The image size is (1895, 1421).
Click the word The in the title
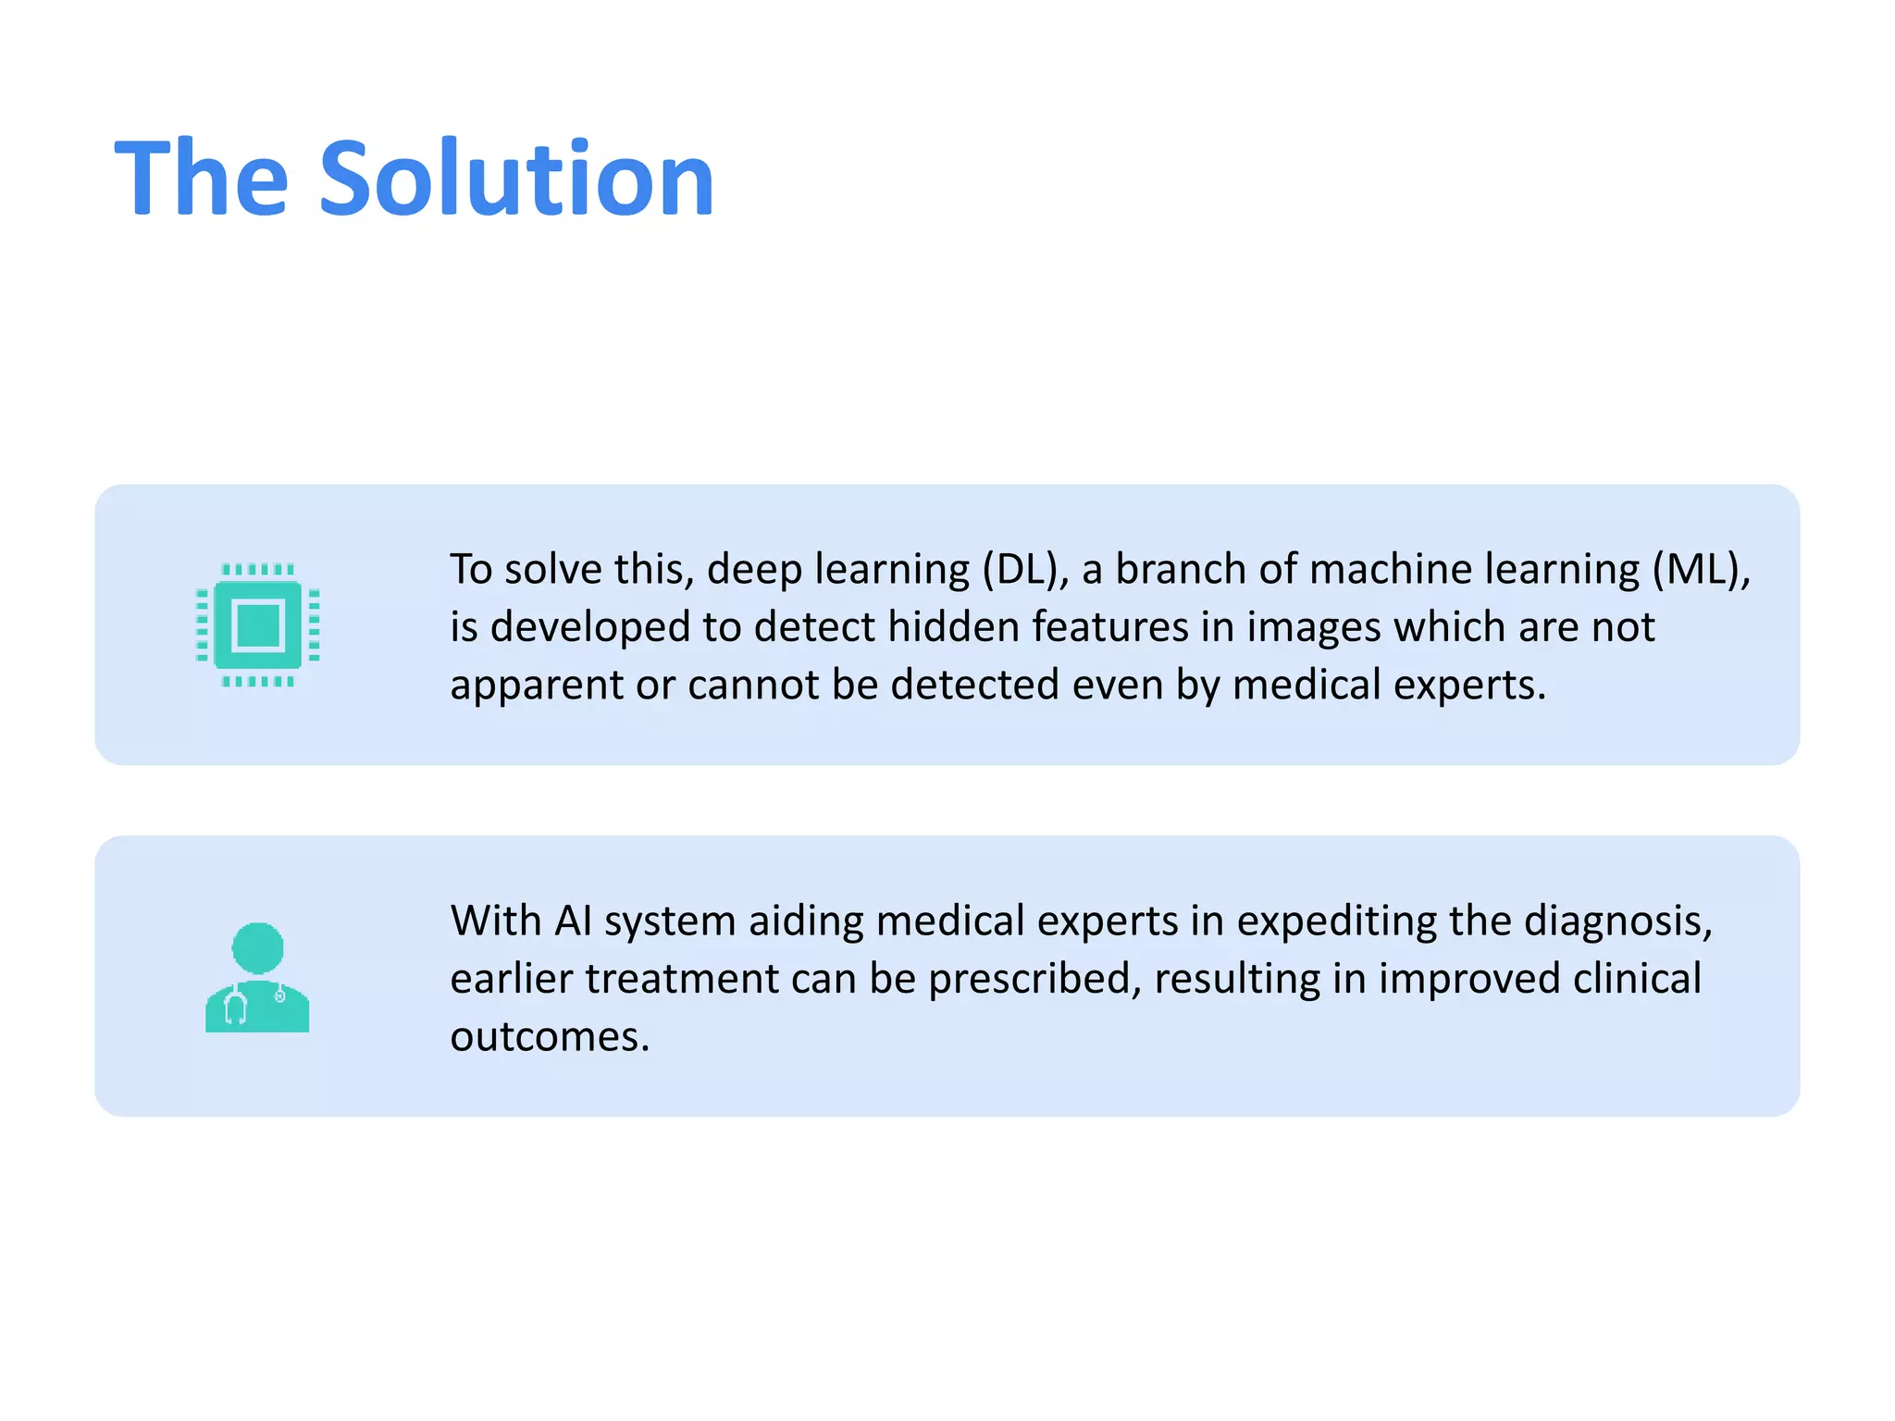pyautogui.click(x=202, y=178)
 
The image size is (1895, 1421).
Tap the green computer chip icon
pyautogui.click(x=258, y=625)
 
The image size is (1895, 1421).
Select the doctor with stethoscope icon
pyautogui.click(x=257, y=977)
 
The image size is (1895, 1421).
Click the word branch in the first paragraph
pyautogui.click(x=1173, y=570)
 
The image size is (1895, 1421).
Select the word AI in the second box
pyautogui.click(x=573, y=921)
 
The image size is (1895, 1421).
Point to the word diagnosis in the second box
pyautogui.click(x=1617, y=921)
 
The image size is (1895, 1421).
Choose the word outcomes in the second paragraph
pyautogui.click(x=550, y=1037)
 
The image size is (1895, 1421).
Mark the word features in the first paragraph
pyautogui.click(x=1109, y=627)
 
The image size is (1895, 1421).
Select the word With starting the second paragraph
pyautogui.click(x=495, y=921)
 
